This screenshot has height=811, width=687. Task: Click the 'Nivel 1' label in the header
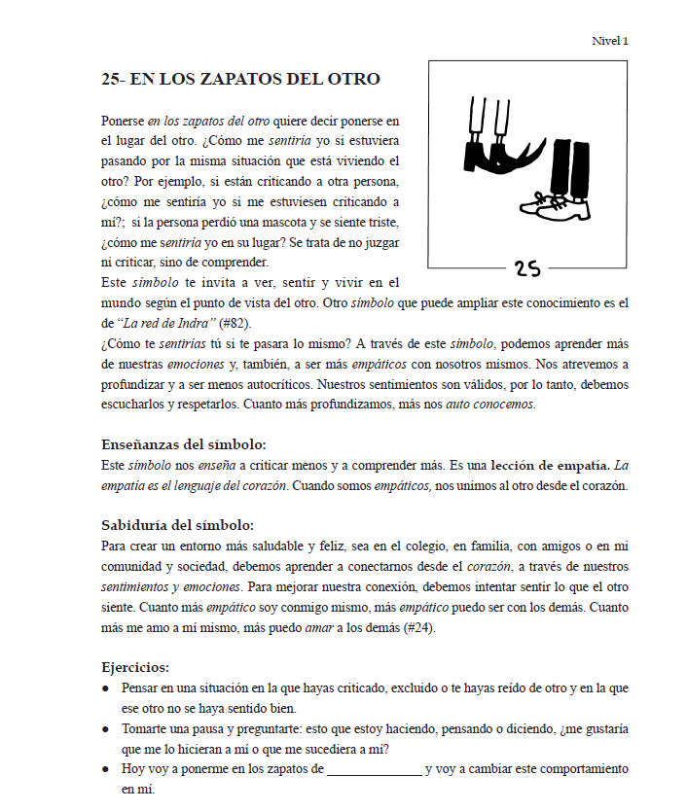610,41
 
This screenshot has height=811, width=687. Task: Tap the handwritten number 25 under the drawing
527,268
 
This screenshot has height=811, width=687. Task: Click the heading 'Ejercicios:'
135,667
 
